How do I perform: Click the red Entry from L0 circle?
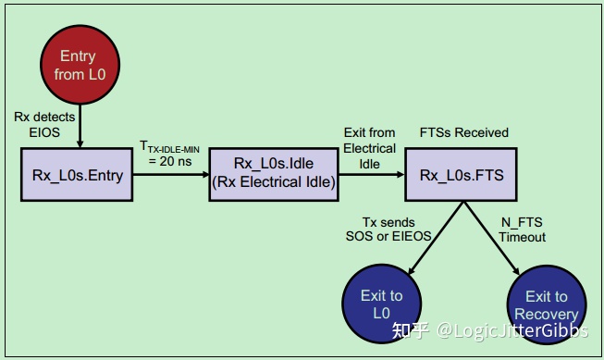coord(77,67)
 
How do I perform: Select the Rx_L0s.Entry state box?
coord(78,174)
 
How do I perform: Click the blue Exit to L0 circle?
coord(381,304)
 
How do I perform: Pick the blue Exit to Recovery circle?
coord(546,304)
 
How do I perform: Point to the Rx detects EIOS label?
coord(38,124)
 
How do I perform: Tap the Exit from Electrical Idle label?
coord(369,148)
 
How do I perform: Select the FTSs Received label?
coord(463,133)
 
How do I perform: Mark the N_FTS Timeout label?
coord(523,230)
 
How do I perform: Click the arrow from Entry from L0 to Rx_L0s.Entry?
coord(79,125)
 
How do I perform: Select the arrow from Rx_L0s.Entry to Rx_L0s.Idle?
coord(171,174)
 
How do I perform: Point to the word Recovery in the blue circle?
coord(546,314)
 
